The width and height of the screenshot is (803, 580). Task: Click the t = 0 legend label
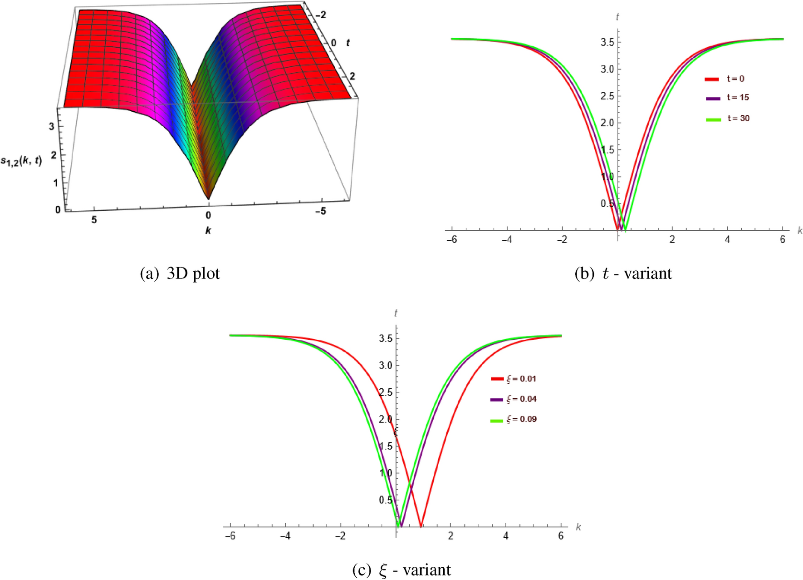coord(735,79)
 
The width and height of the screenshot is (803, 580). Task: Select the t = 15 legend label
coord(738,97)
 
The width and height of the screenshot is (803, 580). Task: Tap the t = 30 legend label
coord(738,118)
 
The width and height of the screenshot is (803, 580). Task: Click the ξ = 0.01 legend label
coord(521,378)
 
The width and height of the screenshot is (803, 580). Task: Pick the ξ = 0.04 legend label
coord(521,399)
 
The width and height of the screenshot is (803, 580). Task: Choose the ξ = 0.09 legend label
coord(521,419)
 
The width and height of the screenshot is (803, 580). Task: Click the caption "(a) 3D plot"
coord(180,273)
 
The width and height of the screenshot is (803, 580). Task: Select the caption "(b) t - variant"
coord(623,273)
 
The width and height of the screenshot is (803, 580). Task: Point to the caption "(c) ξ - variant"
coord(401,570)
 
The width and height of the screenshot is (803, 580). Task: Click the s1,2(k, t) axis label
coord(21,161)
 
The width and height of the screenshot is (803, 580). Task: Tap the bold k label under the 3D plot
coord(208,231)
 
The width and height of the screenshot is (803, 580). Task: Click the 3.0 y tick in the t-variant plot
coord(607,69)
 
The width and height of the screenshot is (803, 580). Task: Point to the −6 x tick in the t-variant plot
coord(451,239)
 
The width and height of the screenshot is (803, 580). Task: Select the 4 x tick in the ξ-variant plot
coord(505,536)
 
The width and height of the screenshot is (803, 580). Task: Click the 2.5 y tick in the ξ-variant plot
coord(386,392)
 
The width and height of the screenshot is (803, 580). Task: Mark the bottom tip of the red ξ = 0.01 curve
coord(421,526)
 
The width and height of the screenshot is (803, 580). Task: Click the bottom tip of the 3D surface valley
coord(208,199)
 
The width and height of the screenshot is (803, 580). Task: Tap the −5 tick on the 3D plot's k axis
coord(320,211)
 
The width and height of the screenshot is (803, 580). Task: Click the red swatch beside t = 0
coord(712,79)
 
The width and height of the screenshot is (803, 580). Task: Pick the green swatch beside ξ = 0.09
coord(497,420)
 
